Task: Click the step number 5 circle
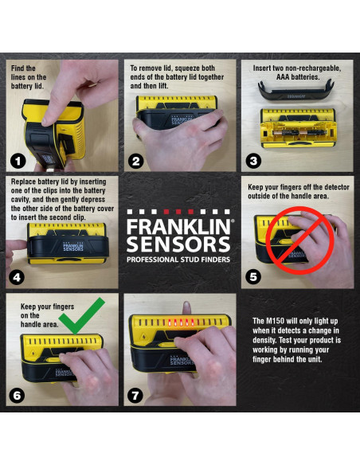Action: tap(254, 277)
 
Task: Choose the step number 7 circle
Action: tap(136, 395)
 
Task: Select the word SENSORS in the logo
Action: tap(178, 244)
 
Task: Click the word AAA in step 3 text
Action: tap(264, 78)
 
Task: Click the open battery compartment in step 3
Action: tap(295, 129)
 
